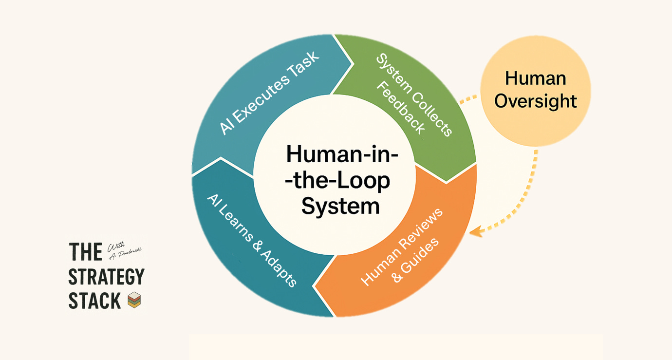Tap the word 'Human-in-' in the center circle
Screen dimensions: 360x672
(342, 154)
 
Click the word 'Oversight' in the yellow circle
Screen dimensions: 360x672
(536, 101)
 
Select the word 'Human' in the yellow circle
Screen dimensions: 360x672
(536, 78)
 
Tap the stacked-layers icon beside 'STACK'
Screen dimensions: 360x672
(134, 301)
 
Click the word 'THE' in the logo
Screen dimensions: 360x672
(86, 252)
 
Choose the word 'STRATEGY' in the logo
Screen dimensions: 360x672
(106, 277)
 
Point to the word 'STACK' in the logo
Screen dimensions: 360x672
(94, 301)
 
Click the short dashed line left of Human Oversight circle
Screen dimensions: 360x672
(468, 99)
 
